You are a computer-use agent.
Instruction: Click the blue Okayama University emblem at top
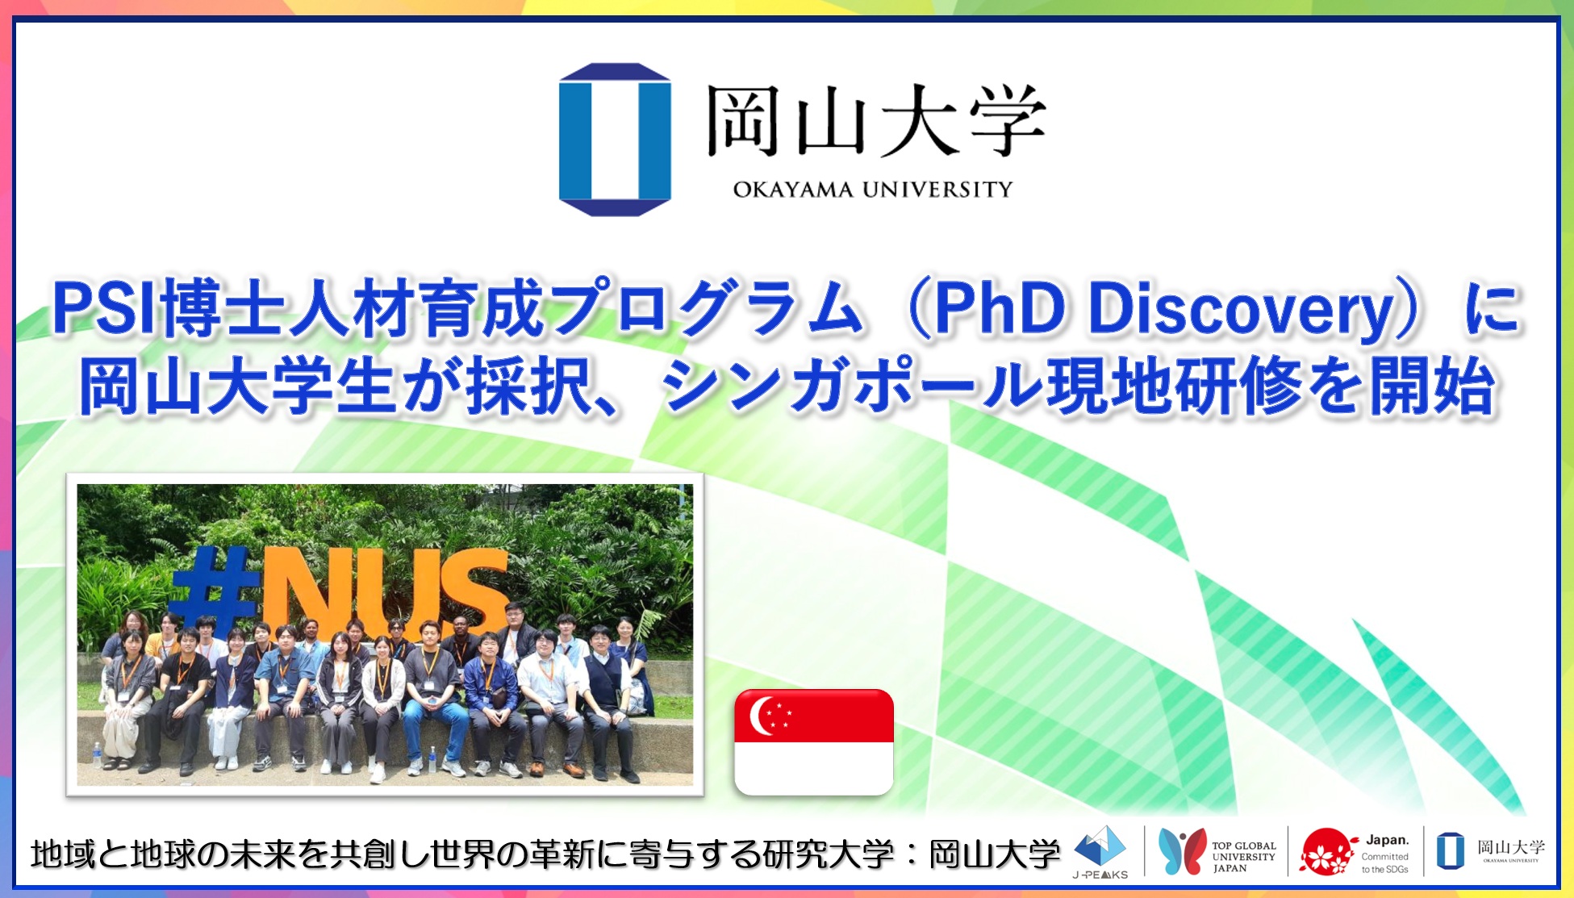[615, 139]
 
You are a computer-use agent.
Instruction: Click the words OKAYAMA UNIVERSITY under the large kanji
[872, 190]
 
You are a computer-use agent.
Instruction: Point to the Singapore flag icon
[813, 741]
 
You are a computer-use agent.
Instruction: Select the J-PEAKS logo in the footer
[1100, 852]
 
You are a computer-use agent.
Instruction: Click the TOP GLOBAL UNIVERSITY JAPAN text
[1243, 857]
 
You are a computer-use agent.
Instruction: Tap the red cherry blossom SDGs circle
[1326, 852]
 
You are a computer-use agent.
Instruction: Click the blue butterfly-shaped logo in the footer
[1181, 851]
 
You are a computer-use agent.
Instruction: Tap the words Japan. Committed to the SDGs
[1385, 854]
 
